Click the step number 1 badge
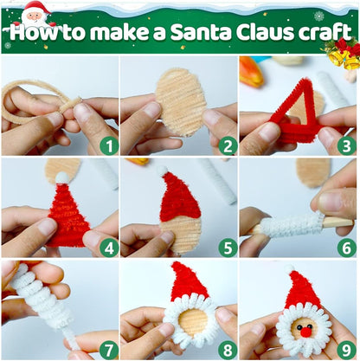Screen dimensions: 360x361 pos(109,146)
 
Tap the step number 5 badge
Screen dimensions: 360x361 pos(228,248)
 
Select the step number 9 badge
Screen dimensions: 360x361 pos(346,351)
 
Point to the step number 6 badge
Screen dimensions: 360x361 pos(346,248)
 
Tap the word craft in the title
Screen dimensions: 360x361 pos(325,31)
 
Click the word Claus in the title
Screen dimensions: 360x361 pos(265,32)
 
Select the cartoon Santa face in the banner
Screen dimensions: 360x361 pos(35,15)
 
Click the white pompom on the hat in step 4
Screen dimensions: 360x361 pos(62,177)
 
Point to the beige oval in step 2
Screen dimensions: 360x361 pos(181,101)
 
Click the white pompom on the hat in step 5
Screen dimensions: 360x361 pos(163,171)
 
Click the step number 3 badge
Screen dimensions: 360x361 pos(346,146)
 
